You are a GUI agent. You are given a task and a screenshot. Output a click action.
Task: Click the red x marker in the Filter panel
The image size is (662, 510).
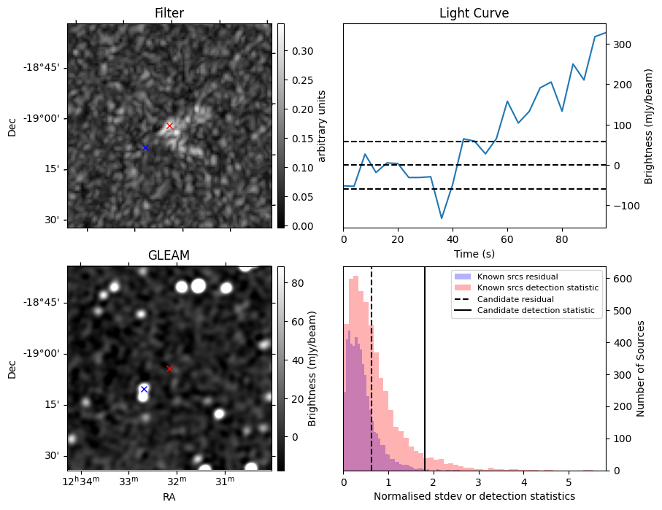tap(169, 125)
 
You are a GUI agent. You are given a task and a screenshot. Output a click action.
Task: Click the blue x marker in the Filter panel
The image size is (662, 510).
tap(145, 147)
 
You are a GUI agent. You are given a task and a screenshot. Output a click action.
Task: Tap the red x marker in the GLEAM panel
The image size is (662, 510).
tap(169, 368)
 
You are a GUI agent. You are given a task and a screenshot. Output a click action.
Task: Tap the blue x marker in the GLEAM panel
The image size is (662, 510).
tap(144, 389)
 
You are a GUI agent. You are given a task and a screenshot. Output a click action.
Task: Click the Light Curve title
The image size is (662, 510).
tap(474, 13)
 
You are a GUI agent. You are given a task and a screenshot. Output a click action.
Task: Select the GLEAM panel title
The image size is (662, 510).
tap(169, 255)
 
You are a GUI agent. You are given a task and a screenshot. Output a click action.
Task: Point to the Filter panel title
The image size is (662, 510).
tap(169, 13)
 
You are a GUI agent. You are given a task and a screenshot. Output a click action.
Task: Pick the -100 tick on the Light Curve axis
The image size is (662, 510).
tap(618, 206)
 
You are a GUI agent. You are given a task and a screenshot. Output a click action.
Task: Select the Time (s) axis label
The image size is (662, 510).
tap(474, 252)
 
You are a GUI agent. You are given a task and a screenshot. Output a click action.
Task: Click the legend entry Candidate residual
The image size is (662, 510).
tap(515, 299)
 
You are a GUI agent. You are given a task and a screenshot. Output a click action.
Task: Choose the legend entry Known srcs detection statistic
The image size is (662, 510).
tap(538, 287)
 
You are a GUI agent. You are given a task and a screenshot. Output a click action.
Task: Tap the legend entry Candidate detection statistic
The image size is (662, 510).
tap(536, 311)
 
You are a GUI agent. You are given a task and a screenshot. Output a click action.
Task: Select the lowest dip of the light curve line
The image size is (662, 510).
tap(442, 218)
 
